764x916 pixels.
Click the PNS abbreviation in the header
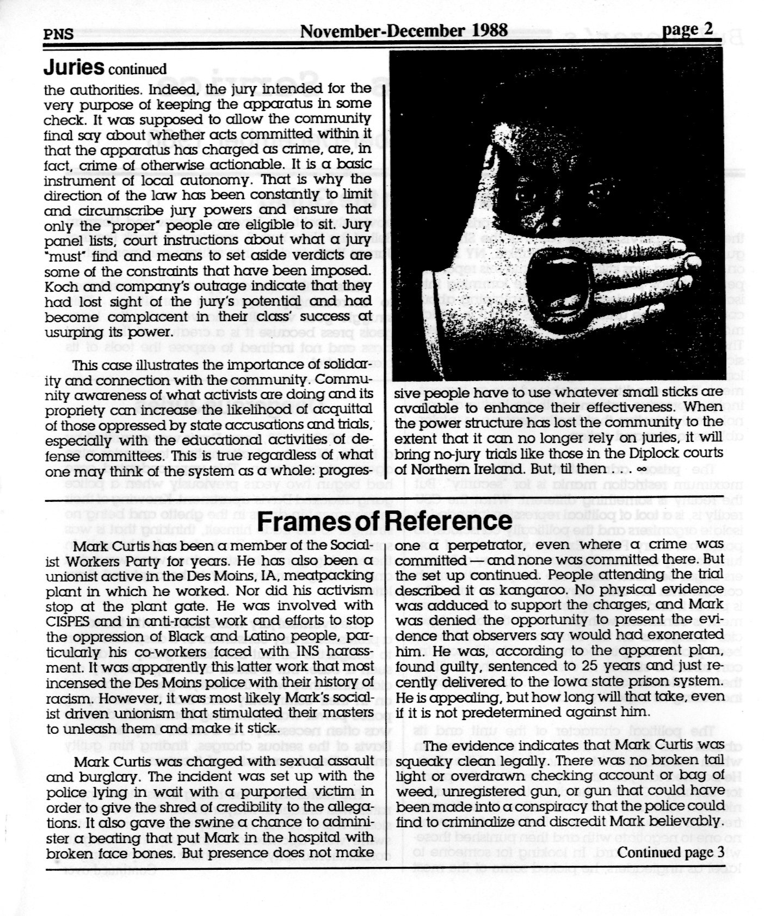58,34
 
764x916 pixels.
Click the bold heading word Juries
73,67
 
